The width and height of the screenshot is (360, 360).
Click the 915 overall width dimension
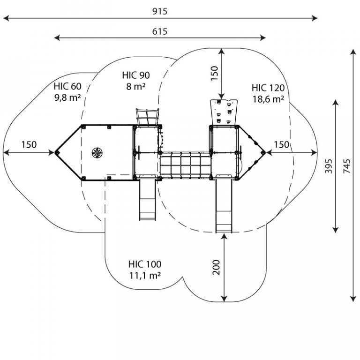coord(160,11)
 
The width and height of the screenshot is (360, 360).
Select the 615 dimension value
coord(160,31)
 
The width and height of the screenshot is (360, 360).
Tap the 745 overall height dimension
coord(347,166)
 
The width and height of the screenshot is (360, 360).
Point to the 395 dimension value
coord(329,166)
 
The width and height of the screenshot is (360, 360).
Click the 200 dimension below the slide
coord(216,267)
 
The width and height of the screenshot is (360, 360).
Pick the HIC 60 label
coord(67,86)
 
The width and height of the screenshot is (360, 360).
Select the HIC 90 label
coord(136,75)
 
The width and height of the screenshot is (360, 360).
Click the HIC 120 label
coord(268,88)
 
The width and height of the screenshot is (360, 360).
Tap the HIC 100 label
coord(145,264)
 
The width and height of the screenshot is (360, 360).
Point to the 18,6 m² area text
coord(268,99)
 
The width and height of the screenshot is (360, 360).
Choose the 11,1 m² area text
coord(145,275)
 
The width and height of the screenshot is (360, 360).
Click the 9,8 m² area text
coord(67,97)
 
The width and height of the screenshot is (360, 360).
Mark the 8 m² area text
coord(136,86)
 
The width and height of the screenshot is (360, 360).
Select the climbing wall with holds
coord(224,112)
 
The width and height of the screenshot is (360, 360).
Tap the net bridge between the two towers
coord(185,165)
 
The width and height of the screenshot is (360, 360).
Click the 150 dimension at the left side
coord(29,145)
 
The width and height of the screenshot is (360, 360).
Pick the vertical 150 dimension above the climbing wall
coord(214,73)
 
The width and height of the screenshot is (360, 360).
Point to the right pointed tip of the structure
coord(265,152)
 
